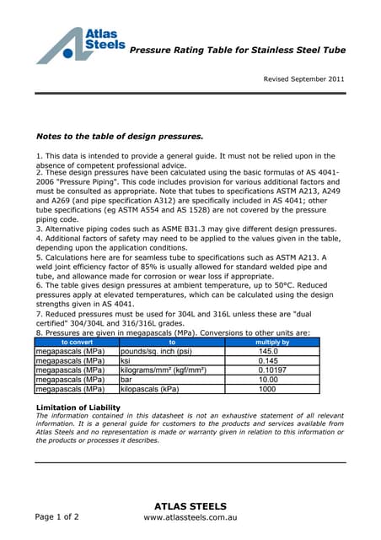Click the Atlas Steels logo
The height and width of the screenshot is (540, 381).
[81, 46]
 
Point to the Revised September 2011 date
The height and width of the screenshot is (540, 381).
[303, 78]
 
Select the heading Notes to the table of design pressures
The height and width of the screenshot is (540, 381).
[119, 136]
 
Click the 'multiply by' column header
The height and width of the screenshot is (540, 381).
[271, 342]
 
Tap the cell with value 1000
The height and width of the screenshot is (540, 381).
[267, 390]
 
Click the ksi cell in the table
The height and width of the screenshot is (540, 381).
[127, 360]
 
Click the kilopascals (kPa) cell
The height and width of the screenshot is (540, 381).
[151, 390]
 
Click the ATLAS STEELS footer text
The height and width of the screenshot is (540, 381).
[190, 506]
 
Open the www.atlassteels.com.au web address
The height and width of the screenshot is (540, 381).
[190, 521]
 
